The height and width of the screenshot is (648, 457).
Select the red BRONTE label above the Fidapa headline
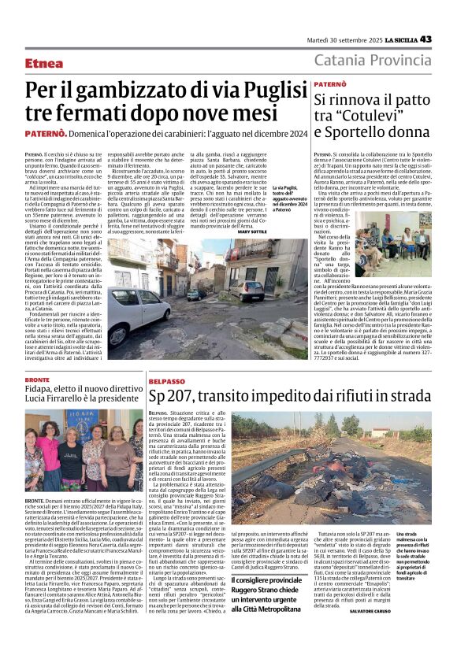click(36, 380)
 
